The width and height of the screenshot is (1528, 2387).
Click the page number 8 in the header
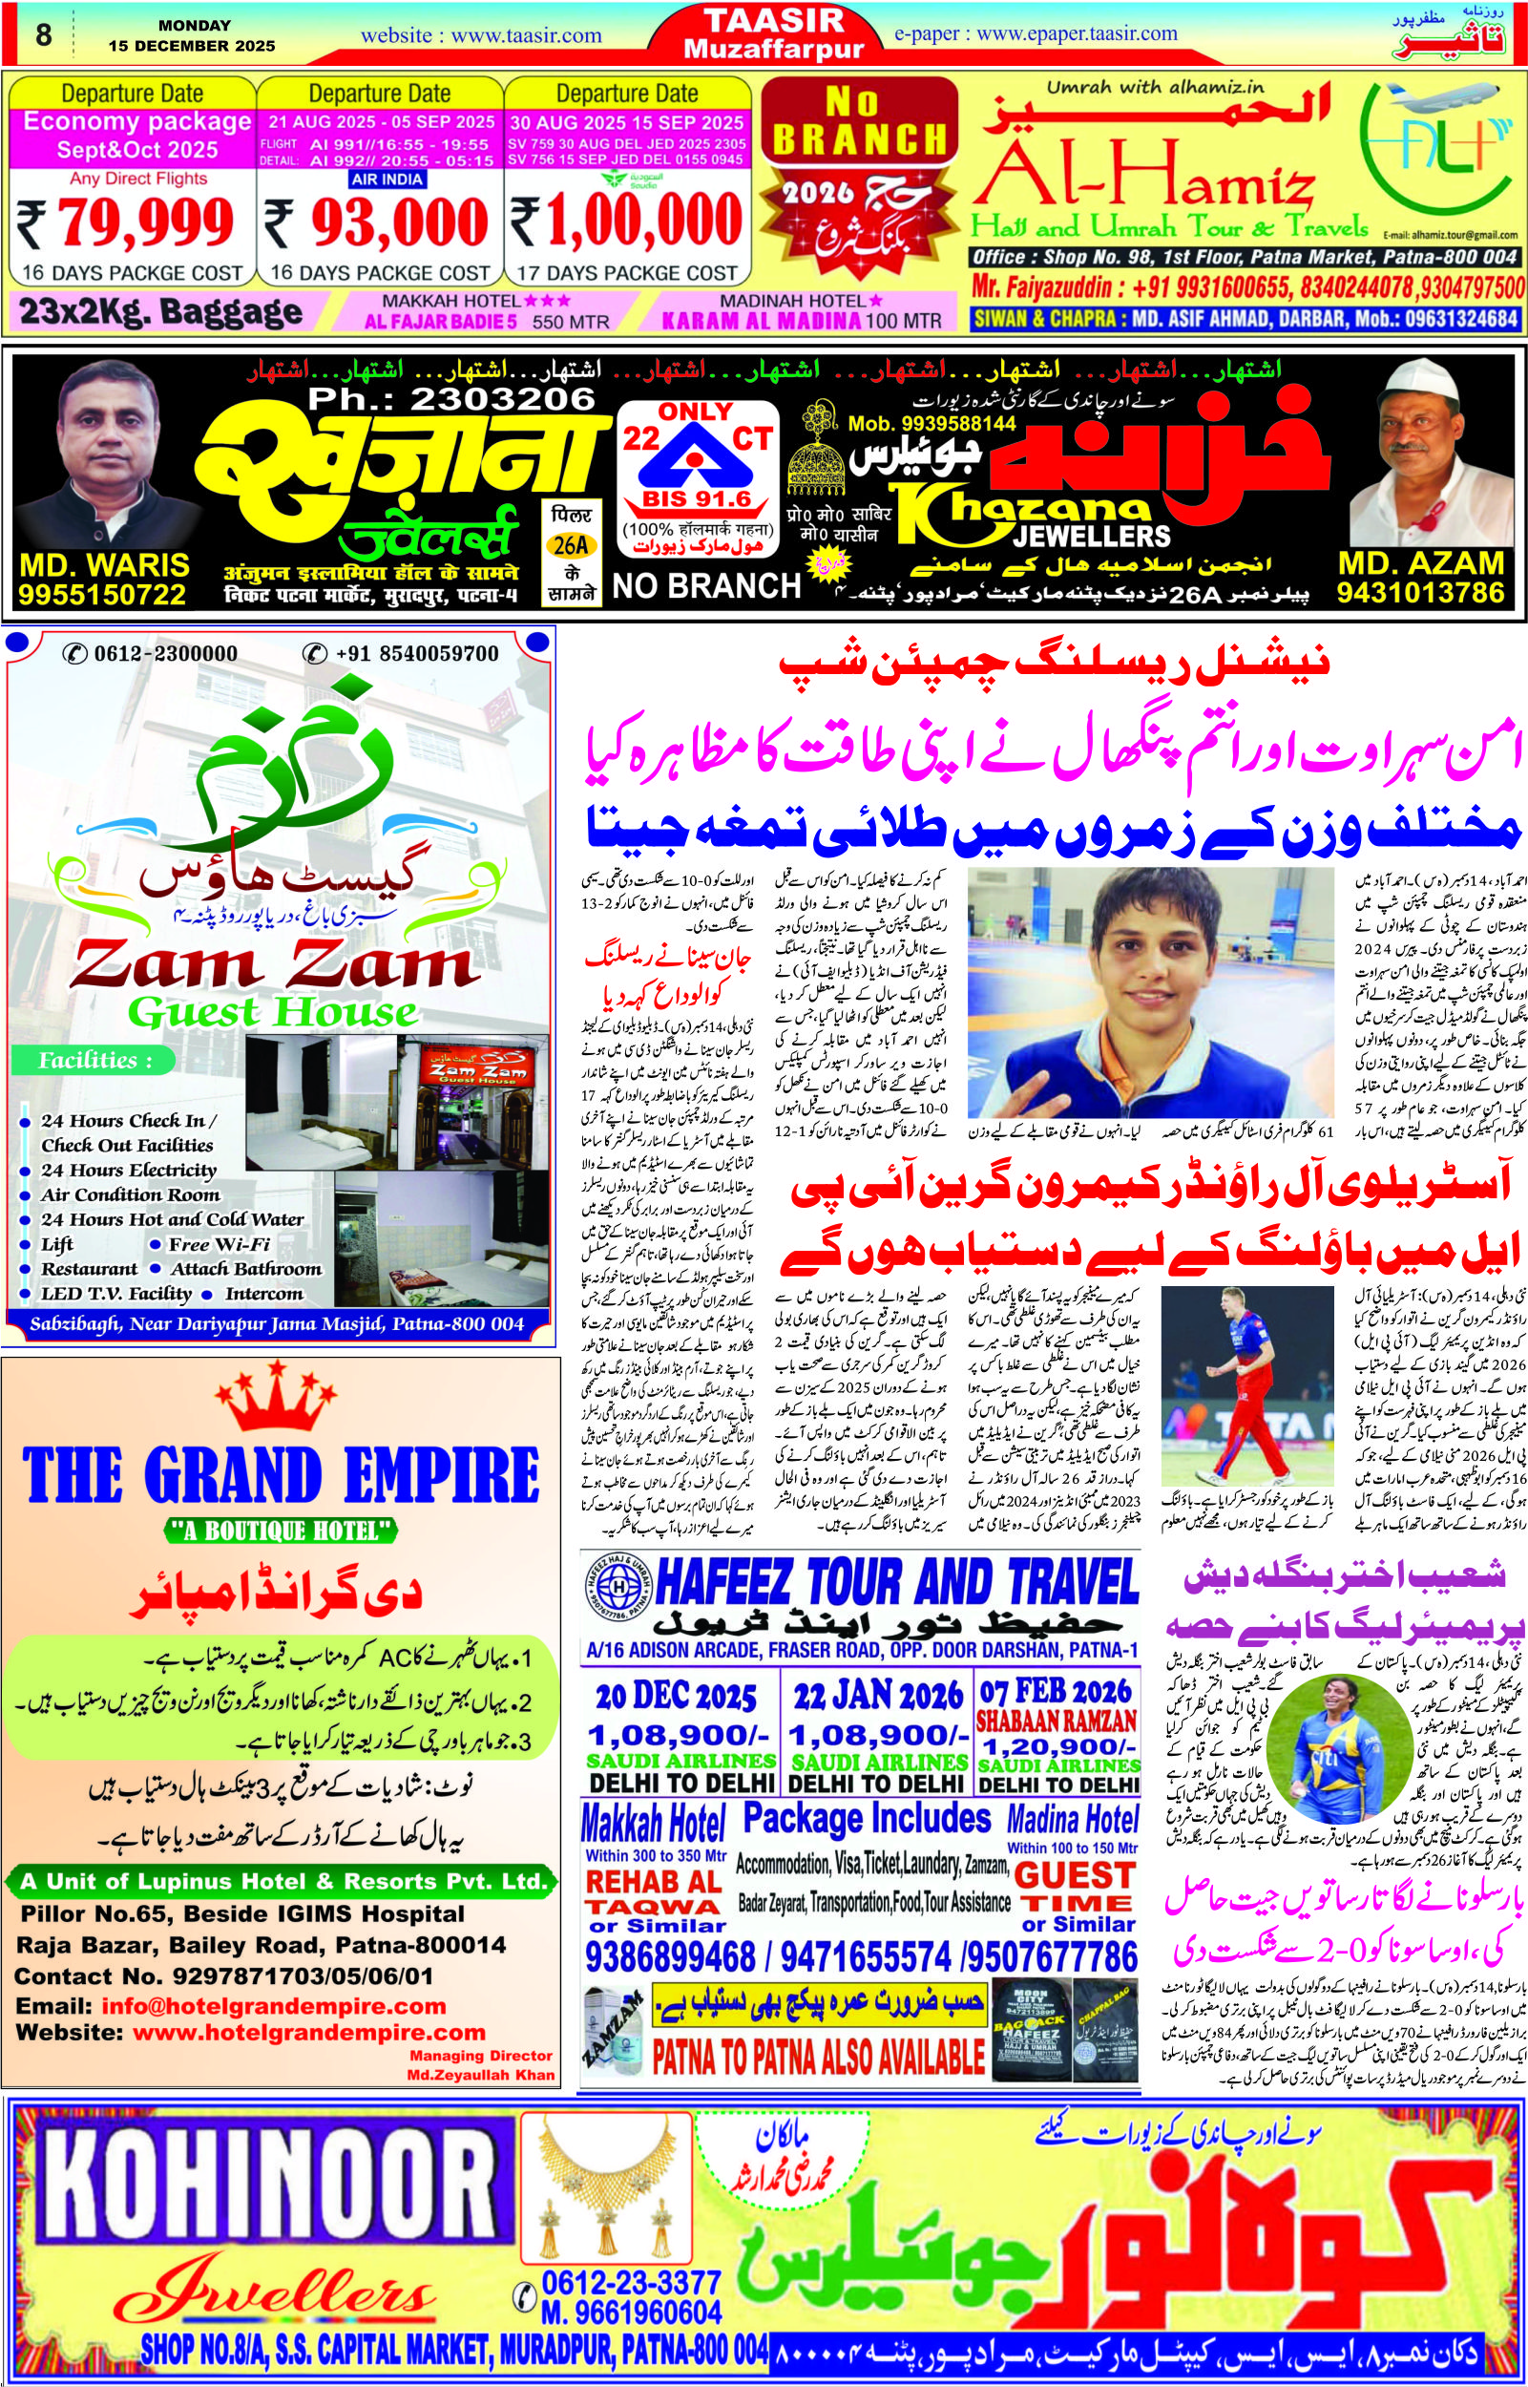click(43, 34)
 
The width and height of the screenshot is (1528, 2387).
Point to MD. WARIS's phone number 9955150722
click(102, 595)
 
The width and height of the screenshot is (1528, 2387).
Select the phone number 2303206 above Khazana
click(451, 399)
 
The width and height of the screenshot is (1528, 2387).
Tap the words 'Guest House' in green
click(273, 1012)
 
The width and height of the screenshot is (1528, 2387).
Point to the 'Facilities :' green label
click(95, 1060)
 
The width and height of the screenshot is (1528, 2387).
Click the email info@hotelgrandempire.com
click(273, 1979)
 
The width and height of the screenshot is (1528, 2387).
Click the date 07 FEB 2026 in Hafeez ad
click(1056, 1691)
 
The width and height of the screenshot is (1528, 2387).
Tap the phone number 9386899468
click(670, 1929)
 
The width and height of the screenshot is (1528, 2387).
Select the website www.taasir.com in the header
click(480, 35)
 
